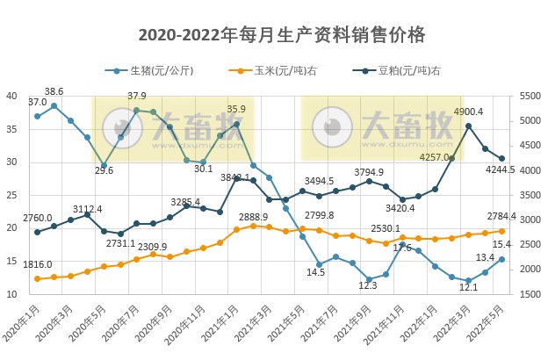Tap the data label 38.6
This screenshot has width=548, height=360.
(54, 91)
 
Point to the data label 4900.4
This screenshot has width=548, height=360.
(468, 112)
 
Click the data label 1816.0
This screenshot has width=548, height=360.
(37, 264)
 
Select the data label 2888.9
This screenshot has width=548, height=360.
(253, 216)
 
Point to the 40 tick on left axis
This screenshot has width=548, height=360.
(11, 96)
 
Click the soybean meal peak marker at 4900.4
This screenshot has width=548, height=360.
(468, 126)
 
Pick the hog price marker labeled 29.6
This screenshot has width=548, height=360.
(104, 165)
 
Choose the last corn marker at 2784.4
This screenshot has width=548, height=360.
(501, 231)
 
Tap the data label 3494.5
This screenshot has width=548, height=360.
(321, 181)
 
